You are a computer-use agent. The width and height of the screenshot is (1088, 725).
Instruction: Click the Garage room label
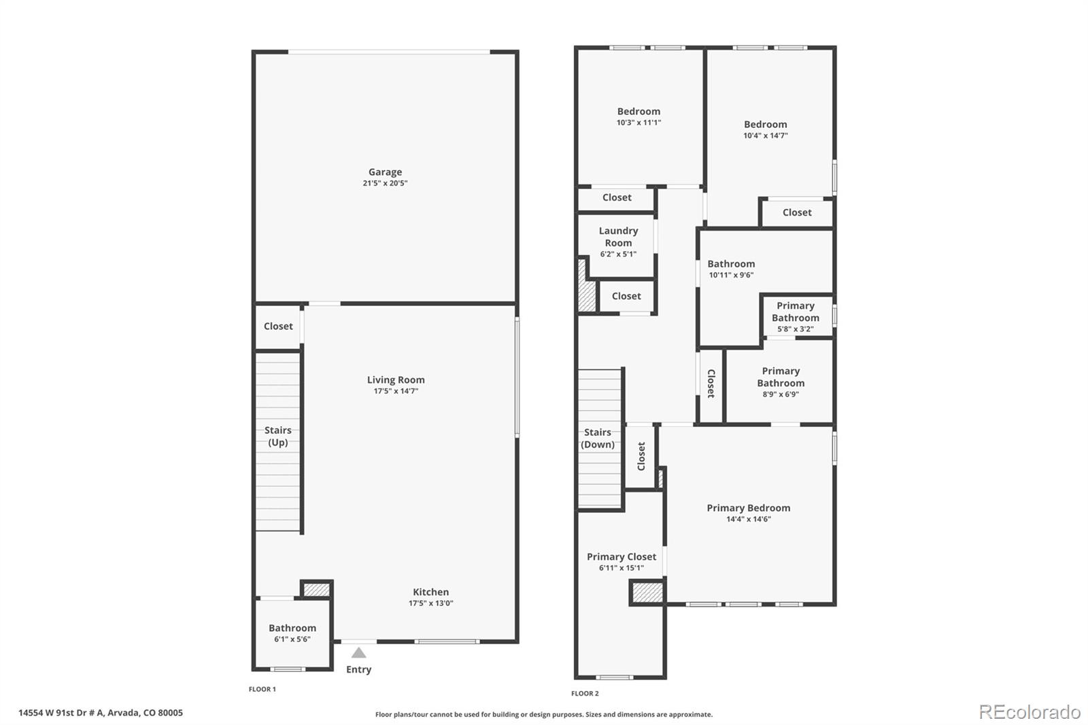385,172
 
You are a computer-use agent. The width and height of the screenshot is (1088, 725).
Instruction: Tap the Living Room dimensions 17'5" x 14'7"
396,391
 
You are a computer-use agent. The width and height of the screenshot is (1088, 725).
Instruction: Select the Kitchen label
430,592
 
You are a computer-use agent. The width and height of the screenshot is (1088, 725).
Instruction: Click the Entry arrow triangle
358,653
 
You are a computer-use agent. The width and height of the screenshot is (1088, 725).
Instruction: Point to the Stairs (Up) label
277,436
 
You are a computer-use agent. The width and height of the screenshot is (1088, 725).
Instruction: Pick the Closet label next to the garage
278,326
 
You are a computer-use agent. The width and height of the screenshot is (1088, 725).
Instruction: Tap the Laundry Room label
618,237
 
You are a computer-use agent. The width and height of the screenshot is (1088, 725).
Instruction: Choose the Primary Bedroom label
748,508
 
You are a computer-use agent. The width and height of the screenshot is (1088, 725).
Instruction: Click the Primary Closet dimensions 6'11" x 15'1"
622,568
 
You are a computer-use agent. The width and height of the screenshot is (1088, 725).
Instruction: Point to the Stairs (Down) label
597,438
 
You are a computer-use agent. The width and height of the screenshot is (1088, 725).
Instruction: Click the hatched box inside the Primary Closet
647,592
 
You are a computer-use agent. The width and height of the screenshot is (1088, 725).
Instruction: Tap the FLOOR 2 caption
585,693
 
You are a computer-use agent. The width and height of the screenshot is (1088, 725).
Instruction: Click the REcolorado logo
1030,711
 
